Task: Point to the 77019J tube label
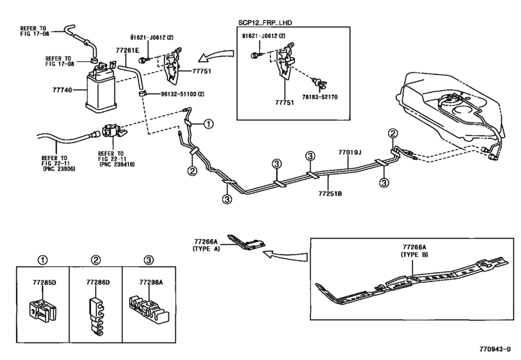(x=351, y=153)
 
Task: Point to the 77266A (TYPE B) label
(x=416, y=250)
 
